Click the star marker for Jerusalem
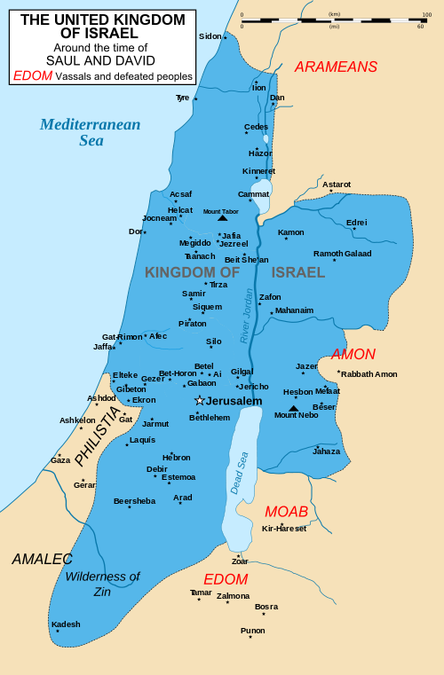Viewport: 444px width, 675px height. point(200,401)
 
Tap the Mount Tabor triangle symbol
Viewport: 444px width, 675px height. point(222,217)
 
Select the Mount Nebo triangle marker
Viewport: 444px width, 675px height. point(294,408)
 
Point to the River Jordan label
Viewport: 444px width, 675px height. point(247,316)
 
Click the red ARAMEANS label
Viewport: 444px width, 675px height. point(336,67)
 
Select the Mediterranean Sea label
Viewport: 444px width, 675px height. point(90,131)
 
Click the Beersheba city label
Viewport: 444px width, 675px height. point(134,501)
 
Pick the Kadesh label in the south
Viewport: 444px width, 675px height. point(66,624)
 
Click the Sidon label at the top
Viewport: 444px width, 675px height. point(210,36)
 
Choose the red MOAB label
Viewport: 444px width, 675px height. point(286,512)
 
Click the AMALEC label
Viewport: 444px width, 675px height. point(42,559)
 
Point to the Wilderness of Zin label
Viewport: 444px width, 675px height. point(102,583)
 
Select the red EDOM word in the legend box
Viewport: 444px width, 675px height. point(32,76)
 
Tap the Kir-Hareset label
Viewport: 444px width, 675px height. point(284,529)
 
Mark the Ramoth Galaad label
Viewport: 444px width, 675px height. point(343,254)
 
